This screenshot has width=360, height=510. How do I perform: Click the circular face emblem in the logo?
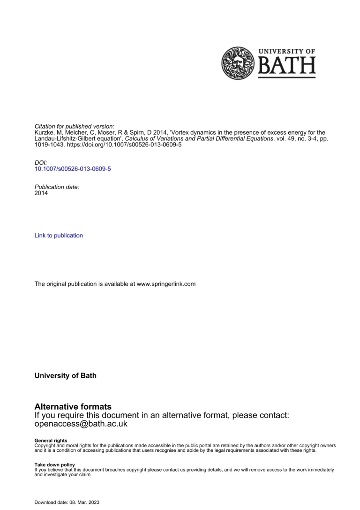point(237,63)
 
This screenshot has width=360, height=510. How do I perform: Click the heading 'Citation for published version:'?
point(75,127)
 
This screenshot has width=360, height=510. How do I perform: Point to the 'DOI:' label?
point(41,162)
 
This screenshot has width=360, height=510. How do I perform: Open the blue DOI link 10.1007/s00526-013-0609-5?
point(73,168)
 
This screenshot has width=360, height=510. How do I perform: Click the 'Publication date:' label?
point(57,187)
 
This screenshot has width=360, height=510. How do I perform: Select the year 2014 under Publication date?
point(41,193)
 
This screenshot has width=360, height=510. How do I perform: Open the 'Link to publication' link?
point(59,236)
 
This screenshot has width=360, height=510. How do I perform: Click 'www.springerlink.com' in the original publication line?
point(166,284)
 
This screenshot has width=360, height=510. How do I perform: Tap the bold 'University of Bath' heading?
point(66,376)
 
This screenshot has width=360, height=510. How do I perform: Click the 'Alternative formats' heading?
point(73,407)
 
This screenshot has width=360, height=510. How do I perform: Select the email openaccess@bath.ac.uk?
point(81,424)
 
